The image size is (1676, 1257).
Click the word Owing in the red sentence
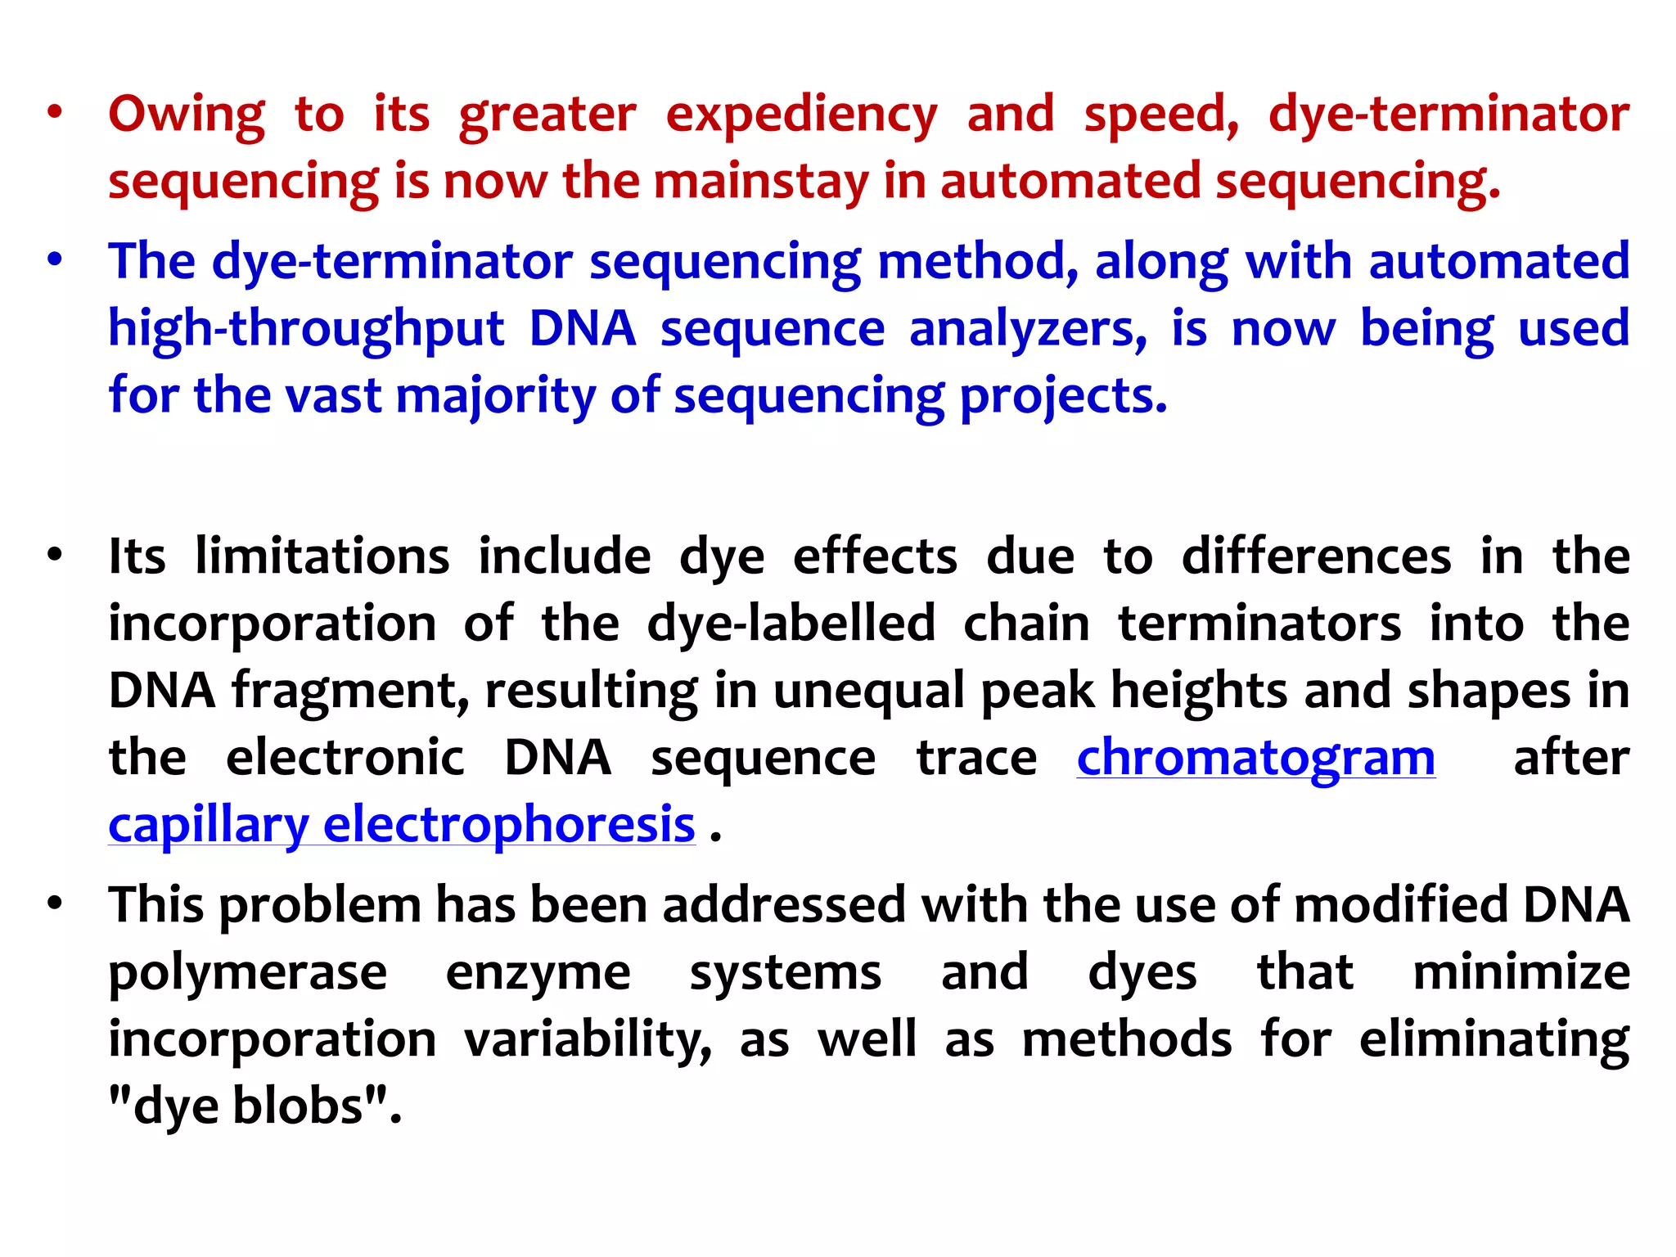coord(187,115)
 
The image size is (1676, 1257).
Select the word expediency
coord(801,115)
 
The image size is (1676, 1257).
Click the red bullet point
coord(55,113)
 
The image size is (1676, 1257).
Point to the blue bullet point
coord(55,261)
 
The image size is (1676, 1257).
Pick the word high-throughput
coord(306,329)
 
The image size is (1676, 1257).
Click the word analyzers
coord(1028,329)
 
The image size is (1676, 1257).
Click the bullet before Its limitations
coord(55,556)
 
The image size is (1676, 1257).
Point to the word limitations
coord(322,556)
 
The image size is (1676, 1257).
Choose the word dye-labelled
coord(791,624)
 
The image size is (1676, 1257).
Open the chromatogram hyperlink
coord(1255,758)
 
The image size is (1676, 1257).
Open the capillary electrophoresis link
coord(402,825)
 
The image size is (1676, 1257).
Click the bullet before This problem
coord(55,904)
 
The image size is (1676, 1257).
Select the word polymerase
coord(248,973)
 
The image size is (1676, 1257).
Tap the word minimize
coord(1521,973)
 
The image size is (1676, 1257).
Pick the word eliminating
coord(1494,1040)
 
